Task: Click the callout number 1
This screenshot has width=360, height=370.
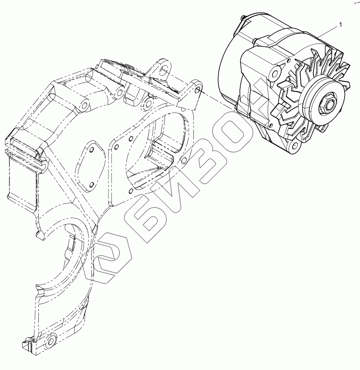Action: point(340,25)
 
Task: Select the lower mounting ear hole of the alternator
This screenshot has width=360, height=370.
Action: point(294,145)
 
